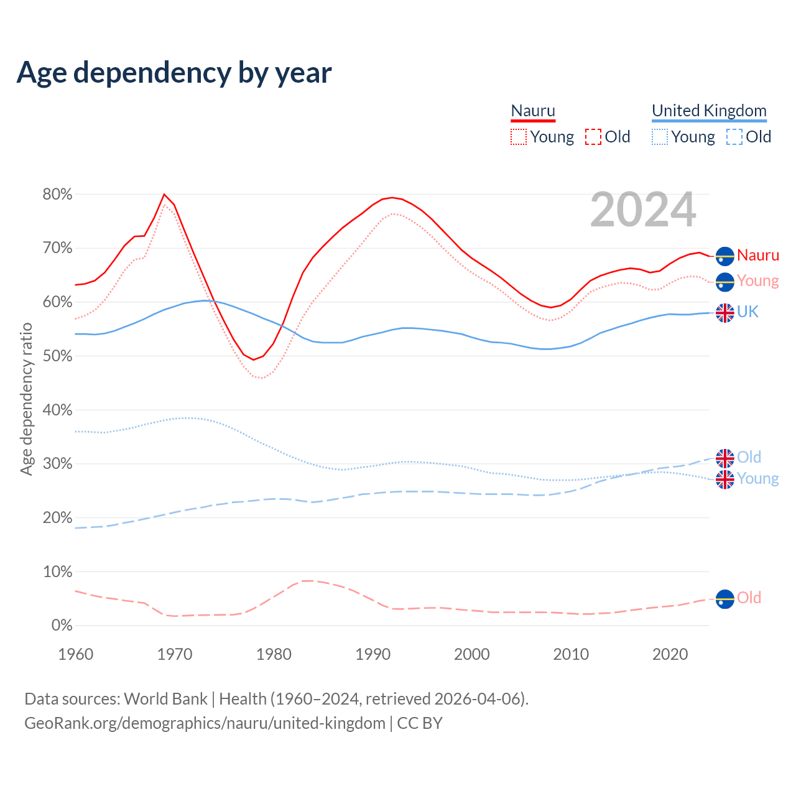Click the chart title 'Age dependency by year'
coord(174,73)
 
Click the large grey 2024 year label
coord(643,210)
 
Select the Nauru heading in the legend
coord(533,111)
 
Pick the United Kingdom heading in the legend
coord(709,111)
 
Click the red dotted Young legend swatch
coord(519,137)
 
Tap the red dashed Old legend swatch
coord(593,137)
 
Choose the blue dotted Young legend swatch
coord(660,137)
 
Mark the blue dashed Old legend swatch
coord(734,137)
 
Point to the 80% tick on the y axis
coord(57,195)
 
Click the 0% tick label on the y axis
coord(62,626)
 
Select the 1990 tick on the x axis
coord(373,654)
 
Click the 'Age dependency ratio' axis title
coord(26,399)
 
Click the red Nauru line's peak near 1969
coord(164,194)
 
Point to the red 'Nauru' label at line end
coord(758,256)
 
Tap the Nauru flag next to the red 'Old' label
coord(725,599)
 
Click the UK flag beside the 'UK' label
coord(725,313)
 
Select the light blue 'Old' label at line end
coord(749,458)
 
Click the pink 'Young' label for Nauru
coord(758,281)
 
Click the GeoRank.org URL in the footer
coord(205,723)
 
